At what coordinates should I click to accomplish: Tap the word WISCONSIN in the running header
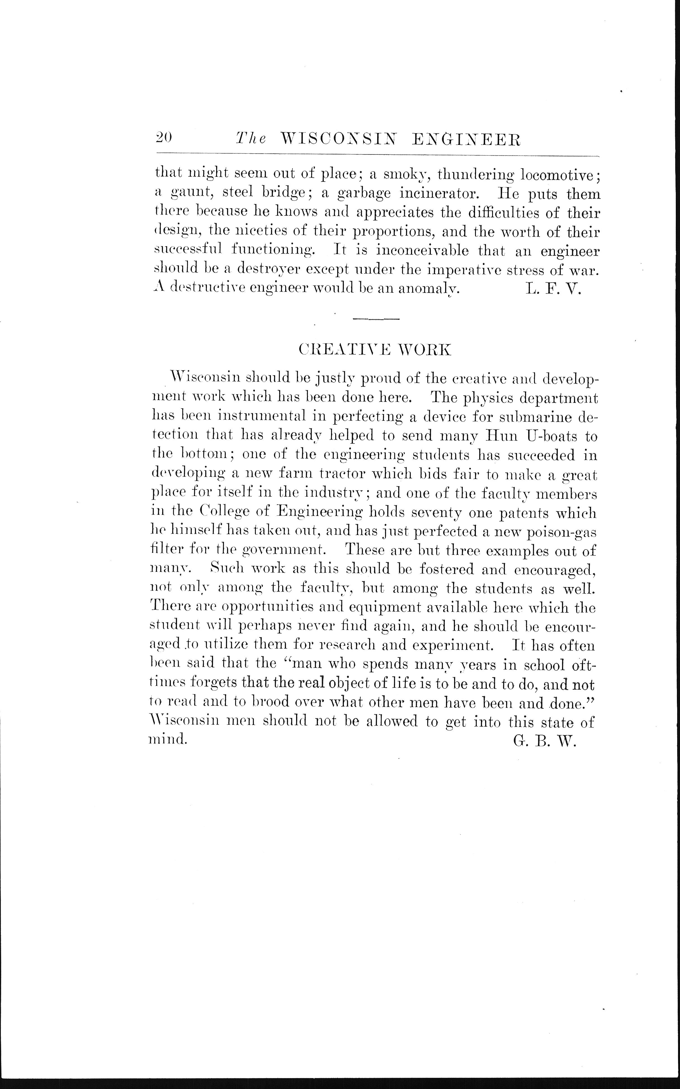[338, 139]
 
